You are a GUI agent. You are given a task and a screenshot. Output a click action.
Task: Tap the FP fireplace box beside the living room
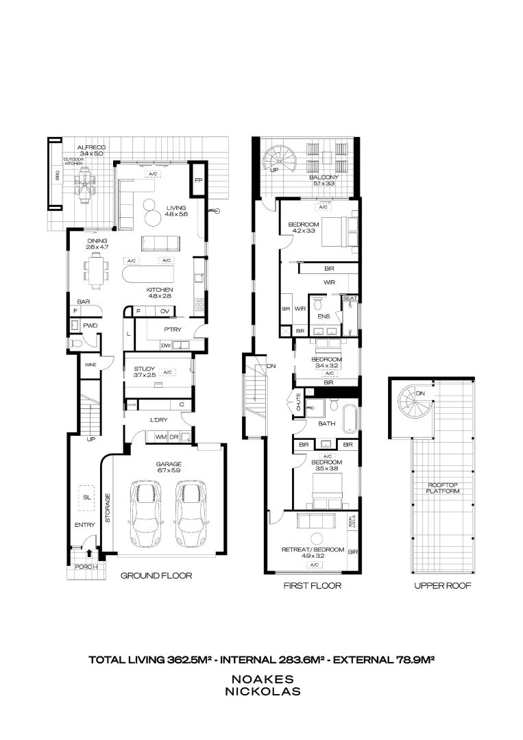(x=198, y=181)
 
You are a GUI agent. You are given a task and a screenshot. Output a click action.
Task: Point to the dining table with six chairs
(x=96, y=268)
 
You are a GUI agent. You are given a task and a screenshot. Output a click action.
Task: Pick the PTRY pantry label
(x=171, y=329)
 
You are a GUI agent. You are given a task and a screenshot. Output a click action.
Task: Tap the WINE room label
(x=90, y=365)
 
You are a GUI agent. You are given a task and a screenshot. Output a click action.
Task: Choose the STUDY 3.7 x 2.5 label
(x=146, y=372)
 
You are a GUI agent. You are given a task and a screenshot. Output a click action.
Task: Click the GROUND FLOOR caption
(x=156, y=576)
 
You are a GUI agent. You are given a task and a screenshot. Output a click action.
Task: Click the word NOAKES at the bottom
(x=263, y=679)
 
